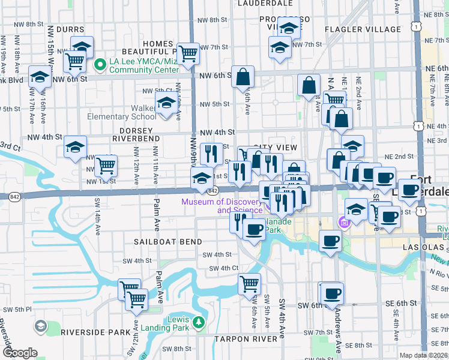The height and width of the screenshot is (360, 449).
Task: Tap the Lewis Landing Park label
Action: [x=166, y=323]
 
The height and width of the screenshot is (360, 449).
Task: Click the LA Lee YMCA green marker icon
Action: [x=101, y=64]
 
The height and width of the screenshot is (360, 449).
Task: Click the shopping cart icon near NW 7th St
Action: [x=188, y=53]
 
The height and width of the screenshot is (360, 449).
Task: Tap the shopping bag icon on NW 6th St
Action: [x=244, y=77]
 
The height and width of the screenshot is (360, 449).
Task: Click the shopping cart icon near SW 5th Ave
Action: [x=249, y=283]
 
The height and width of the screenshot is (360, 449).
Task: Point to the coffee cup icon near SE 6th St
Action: [x=331, y=293]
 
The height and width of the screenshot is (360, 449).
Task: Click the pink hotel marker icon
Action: [x=343, y=224]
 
